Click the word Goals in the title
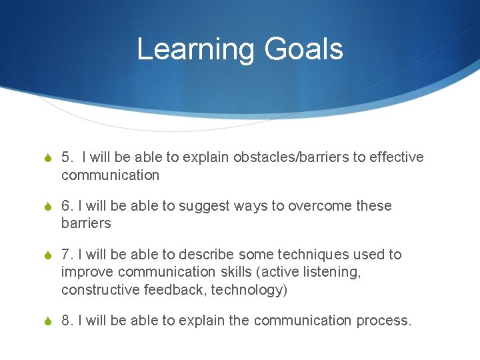(x=303, y=50)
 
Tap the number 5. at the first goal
(x=68, y=157)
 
